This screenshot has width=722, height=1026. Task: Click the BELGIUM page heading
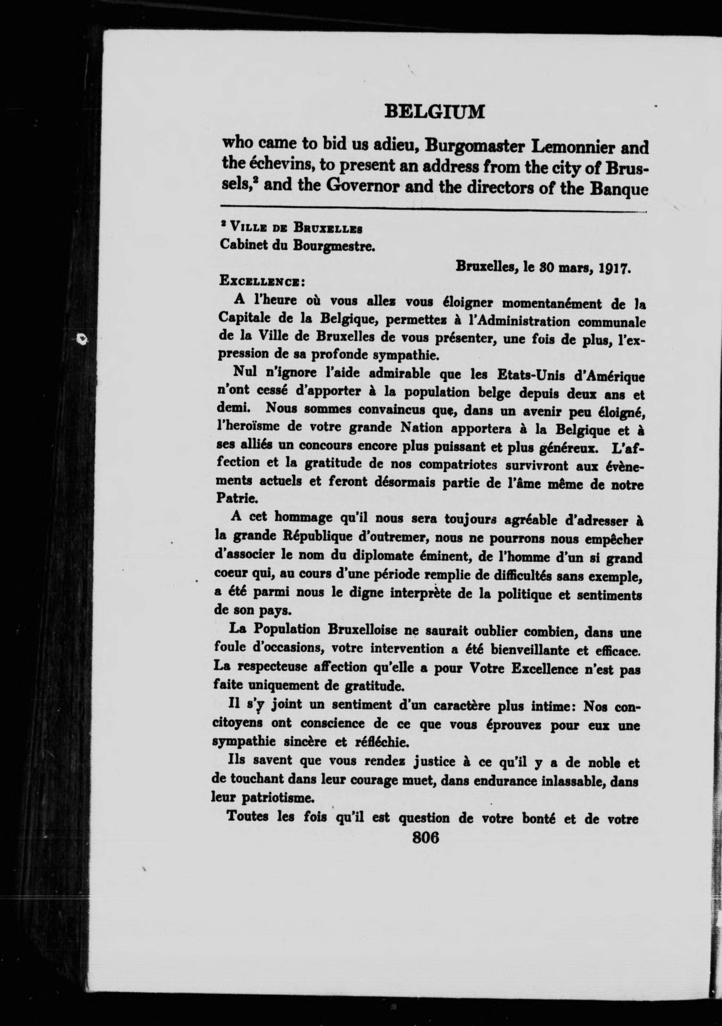[x=434, y=112]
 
